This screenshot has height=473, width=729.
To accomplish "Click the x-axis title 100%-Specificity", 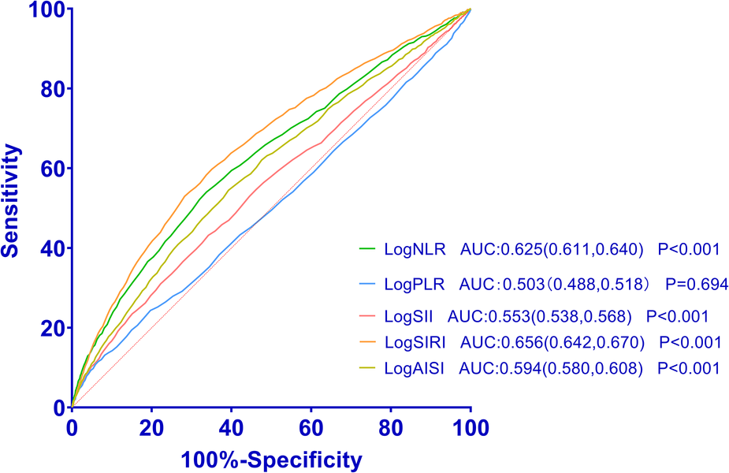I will [271, 459].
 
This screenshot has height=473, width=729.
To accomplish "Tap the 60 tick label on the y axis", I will [50, 169].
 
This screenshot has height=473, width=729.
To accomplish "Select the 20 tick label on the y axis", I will [50, 328].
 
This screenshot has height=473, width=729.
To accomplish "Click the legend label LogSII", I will [409, 316].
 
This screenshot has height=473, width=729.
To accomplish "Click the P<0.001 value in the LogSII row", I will [677, 316].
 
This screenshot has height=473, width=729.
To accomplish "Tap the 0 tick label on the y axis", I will [58, 408].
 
